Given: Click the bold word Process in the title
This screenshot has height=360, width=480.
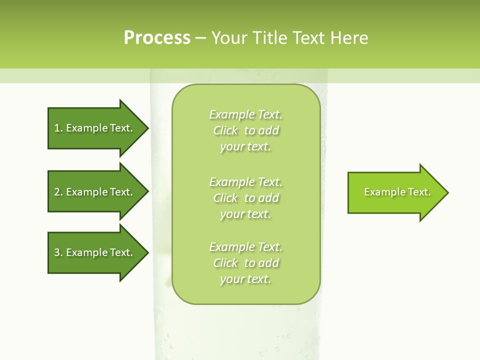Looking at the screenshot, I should [x=157, y=38].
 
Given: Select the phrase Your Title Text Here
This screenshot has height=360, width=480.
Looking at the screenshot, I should [x=289, y=38].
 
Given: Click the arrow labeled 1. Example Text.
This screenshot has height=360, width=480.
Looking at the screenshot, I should [x=95, y=128].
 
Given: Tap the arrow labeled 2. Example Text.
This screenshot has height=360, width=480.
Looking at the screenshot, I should [x=95, y=192].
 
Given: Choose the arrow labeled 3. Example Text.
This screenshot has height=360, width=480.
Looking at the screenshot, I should [x=95, y=252].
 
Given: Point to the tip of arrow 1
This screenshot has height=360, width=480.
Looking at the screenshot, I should [x=147, y=128].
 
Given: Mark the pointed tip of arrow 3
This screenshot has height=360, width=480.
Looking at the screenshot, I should [x=147, y=252].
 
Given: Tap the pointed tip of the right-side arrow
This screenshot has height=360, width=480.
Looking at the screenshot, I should [x=447, y=192].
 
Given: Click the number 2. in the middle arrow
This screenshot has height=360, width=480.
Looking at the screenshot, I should [x=58, y=192].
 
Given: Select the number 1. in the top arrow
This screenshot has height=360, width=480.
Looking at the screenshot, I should [x=58, y=128].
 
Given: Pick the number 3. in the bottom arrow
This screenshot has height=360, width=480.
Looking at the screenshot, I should [x=58, y=252].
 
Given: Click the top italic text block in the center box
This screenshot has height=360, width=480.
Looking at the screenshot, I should [x=245, y=130].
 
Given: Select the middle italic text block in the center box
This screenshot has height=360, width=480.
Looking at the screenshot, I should [x=245, y=198].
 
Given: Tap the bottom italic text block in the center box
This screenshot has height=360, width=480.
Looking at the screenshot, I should [x=245, y=263].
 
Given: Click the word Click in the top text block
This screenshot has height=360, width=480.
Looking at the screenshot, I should [x=225, y=130].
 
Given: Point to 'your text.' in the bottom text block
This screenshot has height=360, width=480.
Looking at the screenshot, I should [x=245, y=279].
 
